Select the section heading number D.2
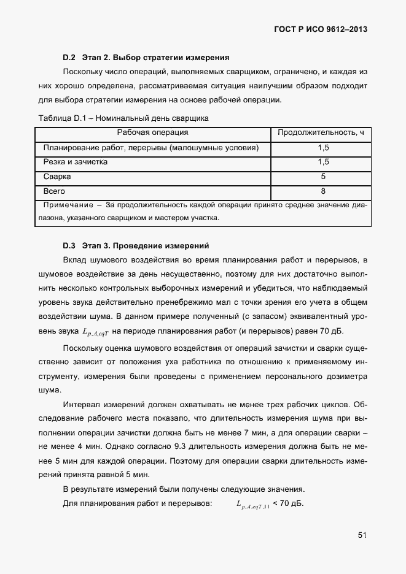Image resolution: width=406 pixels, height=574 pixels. coord(69,58)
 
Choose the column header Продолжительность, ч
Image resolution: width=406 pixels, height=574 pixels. coord(321,132)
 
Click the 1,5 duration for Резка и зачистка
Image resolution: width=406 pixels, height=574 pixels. coord(324,162)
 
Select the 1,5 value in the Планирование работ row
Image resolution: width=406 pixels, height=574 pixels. coord(324,148)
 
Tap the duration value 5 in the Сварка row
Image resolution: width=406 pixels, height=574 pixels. coord(324,177)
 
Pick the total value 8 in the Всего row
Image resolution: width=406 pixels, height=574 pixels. coord(324,191)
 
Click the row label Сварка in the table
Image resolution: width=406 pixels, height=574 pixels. coord(57,177)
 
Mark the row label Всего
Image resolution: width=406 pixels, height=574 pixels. coord(55,191)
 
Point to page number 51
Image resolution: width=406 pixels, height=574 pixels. coord(362,535)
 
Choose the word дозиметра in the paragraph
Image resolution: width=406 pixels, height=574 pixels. coord(345,375)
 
